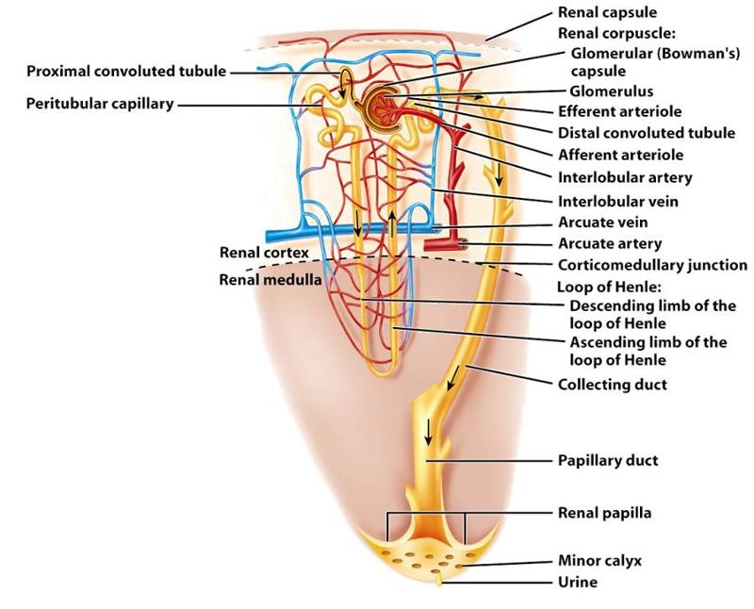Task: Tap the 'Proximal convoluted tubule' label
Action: click(126, 72)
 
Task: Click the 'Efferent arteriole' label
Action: click(620, 112)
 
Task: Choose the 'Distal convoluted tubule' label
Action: click(647, 133)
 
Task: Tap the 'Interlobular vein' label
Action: click(618, 201)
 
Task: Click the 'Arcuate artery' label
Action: click(610, 244)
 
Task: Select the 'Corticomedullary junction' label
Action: click(652, 265)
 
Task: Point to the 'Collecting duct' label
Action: click(613, 384)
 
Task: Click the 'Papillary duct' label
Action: click(608, 461)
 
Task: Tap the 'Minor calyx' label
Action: click(599, 560)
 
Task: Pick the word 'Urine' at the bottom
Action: click(577, 582)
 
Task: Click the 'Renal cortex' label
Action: click(264, 253)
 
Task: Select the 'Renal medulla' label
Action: click(270, 279)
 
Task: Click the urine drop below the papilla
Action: click(438, 583)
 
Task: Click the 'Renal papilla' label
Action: click(605, 513)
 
